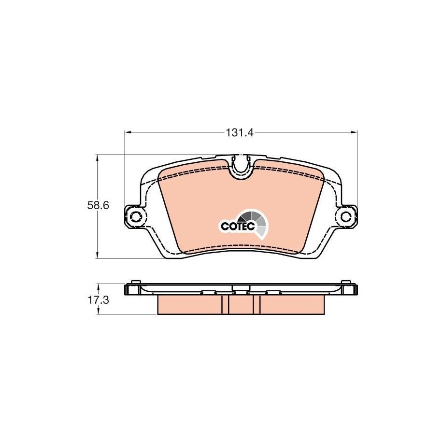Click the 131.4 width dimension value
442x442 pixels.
coord(240,132)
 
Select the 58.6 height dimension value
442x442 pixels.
coord(98,205)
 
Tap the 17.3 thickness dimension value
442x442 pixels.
coord(98,300)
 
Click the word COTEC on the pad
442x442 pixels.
coord(238,226)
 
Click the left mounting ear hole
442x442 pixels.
coord(136,217)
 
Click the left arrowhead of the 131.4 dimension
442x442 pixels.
coord(128,132)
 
